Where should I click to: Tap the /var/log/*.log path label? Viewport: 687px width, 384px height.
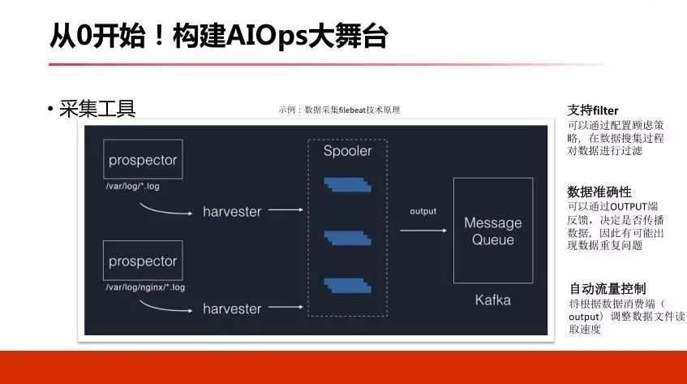point(133,186)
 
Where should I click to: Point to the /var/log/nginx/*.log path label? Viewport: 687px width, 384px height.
point(145,287)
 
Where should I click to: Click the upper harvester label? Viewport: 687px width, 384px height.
point(232,212)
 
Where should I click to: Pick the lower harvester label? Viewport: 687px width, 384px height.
point(232,308)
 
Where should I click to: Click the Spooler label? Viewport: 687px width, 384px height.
point(347,151)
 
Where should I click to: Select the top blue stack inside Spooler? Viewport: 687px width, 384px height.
point(348,185)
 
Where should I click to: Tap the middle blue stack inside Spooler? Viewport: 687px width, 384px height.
point(348,238)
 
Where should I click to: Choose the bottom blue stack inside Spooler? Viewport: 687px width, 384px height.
point(348,286)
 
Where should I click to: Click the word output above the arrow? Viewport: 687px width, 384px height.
point(423,211)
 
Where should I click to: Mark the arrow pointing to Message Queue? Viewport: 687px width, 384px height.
point(423,231)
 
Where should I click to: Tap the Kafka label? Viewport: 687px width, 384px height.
point(493,300)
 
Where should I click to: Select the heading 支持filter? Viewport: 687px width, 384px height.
point(593,110)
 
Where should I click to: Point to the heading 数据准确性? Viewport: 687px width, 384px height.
point(599,192)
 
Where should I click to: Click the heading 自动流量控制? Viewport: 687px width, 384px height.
point(608,289)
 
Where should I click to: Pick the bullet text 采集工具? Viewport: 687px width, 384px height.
point(97,109)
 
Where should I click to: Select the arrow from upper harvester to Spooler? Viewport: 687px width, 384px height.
point(286,210)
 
